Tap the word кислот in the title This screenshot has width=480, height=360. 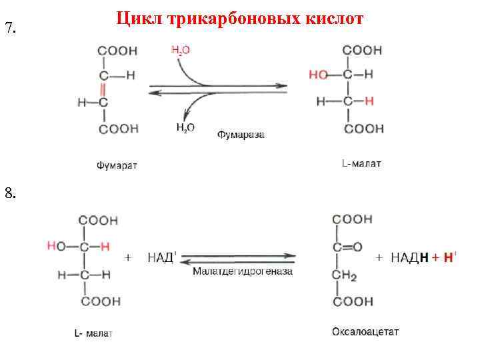[333, 18]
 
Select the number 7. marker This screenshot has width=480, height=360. [9, 28]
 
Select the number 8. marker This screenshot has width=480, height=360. [9, 194]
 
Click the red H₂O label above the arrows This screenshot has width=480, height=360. [181, 50]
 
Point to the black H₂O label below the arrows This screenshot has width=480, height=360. [185, 127]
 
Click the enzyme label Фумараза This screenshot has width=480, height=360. [241, 135]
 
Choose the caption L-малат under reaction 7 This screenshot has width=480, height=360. [361, 163]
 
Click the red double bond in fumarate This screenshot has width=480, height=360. [103, 89]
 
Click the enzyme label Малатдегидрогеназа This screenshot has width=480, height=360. [243, 271]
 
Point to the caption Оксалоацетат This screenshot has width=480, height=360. [365, 331]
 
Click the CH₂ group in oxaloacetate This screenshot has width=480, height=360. [345, 275]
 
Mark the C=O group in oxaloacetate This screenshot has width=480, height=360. [347, 247]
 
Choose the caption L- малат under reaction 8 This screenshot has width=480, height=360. [93, 333]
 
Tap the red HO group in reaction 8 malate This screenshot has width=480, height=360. [56, 247]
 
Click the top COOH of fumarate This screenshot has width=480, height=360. [117, 51]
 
